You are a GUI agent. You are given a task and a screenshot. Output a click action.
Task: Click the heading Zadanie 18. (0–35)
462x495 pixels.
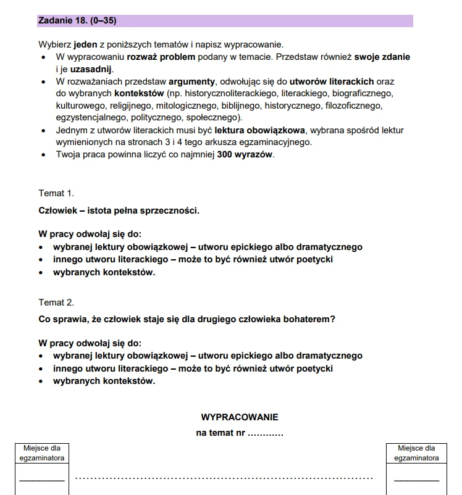[x=77, y=20]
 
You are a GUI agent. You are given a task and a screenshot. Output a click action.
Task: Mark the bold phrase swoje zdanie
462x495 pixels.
[x=382, y=57]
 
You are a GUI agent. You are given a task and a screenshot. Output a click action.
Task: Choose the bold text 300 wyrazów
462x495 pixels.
[x=245, y=154]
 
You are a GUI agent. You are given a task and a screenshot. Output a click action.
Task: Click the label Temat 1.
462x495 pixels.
[x=56, y=193]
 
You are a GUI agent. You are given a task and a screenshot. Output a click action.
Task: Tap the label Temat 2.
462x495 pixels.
[x=56, y=302]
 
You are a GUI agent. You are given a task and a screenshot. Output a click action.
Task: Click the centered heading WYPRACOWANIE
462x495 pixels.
[x=240, y=417]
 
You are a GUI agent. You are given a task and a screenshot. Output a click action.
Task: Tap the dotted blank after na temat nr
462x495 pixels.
[x=265, y=433]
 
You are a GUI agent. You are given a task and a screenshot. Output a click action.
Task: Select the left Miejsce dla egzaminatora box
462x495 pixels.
[x=43, y=467]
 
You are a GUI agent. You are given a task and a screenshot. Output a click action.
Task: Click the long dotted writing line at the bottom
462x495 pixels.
[x=224, y=478]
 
